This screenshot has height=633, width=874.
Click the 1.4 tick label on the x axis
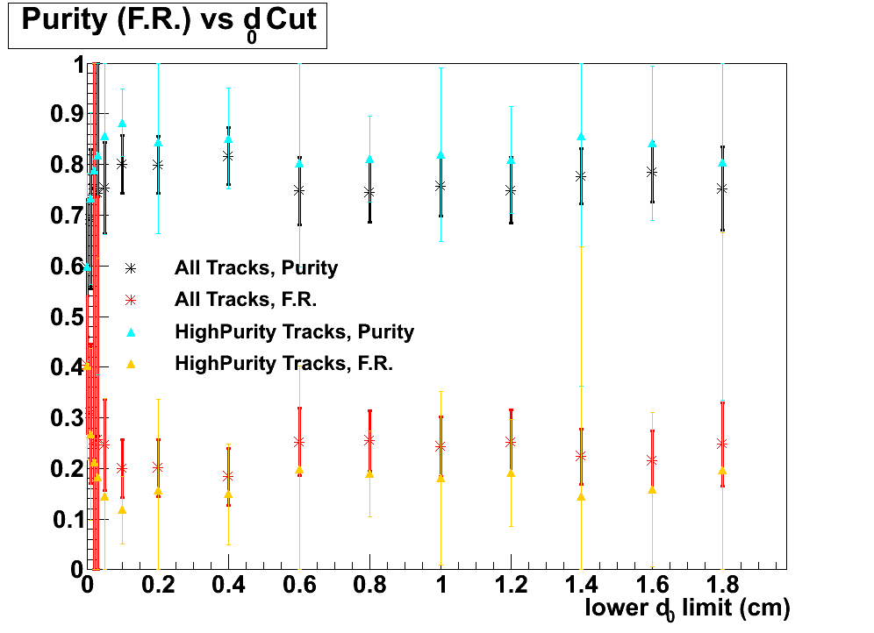point(581,585)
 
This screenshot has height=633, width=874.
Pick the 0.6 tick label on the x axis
point(299,585)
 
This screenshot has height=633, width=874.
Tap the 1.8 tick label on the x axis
point(721,585)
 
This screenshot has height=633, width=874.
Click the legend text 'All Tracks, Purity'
point(256,267)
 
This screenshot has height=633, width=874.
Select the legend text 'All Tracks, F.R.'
point(245,300)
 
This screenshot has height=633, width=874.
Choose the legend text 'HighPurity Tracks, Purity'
point(294,331)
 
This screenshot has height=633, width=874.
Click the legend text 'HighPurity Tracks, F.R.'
point(283,363)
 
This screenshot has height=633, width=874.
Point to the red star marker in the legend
point(131,300)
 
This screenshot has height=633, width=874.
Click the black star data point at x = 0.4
point(228,156)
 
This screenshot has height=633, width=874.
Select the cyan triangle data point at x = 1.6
point(652,143)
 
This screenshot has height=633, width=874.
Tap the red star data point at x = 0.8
point(369,440)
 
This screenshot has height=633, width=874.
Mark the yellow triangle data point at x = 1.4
point(581,496)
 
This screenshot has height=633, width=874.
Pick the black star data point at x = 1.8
point(722,188)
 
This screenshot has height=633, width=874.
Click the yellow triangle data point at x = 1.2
point(511,473)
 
